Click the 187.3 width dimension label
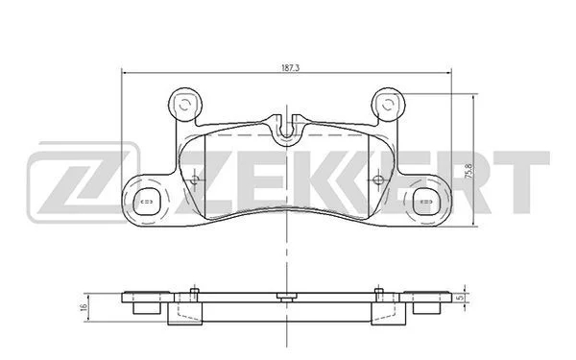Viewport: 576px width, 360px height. click(x=291, y=68)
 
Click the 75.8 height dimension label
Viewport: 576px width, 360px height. click(x=469, y=171)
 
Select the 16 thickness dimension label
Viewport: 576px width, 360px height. click(x=84, y=307)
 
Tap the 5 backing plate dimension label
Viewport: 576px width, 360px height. click(x=458, y=299)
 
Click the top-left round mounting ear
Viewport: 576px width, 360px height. click(x=185, y=105)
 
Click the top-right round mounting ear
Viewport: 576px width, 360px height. click(x=388, y=105)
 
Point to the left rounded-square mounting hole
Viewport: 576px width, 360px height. click(x=147, y=202)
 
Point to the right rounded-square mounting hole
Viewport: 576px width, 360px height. click(x=426, y=202)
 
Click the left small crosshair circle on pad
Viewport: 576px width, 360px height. click(x=195, y=180)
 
